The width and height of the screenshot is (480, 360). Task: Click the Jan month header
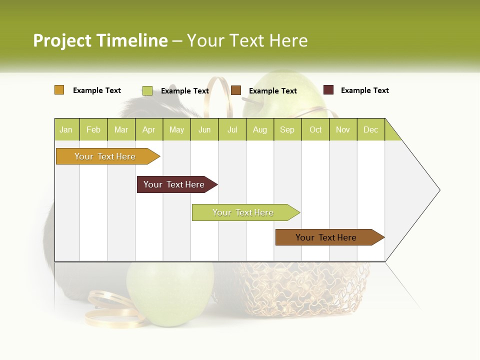click(66, 129)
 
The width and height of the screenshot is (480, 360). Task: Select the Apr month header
click(149, 129)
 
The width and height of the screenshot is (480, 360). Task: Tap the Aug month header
click(260, 129)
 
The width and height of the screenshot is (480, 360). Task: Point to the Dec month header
click(370, 129)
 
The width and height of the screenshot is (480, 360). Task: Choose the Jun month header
click(204, 129)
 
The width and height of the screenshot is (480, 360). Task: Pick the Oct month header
click(315, 129)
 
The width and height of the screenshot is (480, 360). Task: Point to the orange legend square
click(59, 90)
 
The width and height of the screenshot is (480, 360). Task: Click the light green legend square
click(147, 90)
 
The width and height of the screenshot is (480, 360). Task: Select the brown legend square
click(236, 90)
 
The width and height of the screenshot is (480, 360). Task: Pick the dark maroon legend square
click(328, 90)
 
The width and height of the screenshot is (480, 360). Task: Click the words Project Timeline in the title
click(100, 40)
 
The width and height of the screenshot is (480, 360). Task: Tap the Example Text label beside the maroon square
click(364, 90)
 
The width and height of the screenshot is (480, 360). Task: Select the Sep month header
click(287, 129)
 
